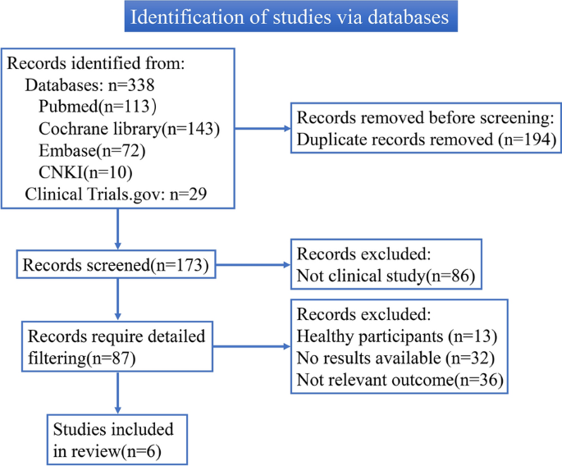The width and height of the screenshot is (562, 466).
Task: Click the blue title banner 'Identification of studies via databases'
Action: (x=290, y=16)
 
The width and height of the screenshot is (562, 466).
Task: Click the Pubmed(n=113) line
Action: (x=98, y=107)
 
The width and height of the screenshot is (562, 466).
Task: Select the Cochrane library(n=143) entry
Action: (x=129, y=129)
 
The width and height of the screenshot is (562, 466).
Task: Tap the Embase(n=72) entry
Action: (x=92, y=151)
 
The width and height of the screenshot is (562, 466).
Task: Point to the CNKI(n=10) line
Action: (x=85, y=172)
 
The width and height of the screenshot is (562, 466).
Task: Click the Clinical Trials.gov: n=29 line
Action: (x=116, y=194)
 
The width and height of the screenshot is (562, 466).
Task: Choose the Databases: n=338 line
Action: (x=89, y=85)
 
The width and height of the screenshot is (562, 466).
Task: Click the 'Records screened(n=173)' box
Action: (x=117, y=264)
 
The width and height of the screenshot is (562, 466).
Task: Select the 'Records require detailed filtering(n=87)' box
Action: (x=117, y=347)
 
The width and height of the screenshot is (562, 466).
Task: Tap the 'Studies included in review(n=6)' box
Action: (x=117, y=440)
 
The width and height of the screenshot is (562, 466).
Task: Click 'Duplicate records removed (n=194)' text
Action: (x=427, y=139)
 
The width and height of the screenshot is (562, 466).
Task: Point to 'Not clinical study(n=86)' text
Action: (x=386, y=276)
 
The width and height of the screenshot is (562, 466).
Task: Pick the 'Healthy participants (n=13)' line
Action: (x=397, y=336)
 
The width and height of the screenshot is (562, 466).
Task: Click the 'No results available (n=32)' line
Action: (x=395, y=358)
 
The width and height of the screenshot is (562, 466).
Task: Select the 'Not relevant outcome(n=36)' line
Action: (x=400, y=380)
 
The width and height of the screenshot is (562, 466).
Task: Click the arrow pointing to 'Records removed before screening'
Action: (x=263, y=128)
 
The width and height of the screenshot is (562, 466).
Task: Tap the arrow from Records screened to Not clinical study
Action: (x=253, y=265)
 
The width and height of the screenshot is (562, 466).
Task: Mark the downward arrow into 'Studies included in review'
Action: (x=117, y=393)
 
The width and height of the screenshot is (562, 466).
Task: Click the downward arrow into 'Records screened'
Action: (x=117, y=230)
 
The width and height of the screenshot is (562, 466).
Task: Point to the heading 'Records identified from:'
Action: (x=96, y=63)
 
